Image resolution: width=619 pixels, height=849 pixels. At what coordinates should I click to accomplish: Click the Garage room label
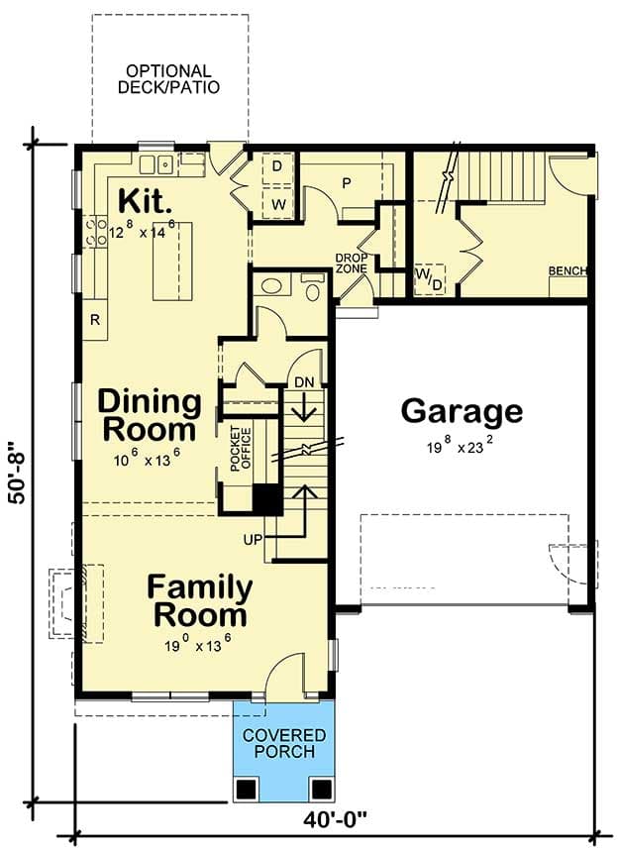[462, 410]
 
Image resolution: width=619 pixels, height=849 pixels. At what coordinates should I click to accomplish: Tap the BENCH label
[568, 270]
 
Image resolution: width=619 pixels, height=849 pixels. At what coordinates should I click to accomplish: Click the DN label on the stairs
[303, 381]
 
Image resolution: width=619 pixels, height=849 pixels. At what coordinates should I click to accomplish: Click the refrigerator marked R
[95, 320]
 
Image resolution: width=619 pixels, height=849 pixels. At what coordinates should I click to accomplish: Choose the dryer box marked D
[277, 166]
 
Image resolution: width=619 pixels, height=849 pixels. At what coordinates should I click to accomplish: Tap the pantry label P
[348, 182]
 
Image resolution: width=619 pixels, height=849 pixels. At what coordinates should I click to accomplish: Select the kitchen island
[171, 262]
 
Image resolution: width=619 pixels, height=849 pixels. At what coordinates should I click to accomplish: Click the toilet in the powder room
[313, 289]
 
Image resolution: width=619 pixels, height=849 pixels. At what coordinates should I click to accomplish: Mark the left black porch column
[247, 788]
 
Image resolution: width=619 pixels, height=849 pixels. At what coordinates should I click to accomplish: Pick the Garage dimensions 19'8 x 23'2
[462, 447]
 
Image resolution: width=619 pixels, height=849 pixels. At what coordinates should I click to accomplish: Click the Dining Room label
[149, 417]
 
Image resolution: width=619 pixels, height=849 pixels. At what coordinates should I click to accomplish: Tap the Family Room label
[199, 600]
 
